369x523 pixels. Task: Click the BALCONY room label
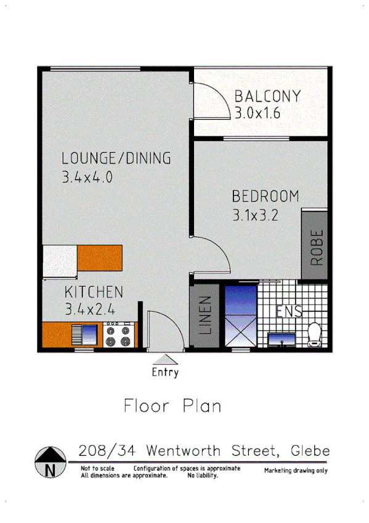[267, 97]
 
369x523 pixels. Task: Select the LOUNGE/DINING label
[116, 159]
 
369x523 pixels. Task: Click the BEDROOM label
[265, 197]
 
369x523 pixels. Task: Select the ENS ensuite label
[288, 311]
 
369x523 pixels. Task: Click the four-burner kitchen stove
[118, 335]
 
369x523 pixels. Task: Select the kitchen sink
[84, 335]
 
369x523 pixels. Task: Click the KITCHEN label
[94, 292]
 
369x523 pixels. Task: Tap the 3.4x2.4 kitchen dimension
[91, 309]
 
